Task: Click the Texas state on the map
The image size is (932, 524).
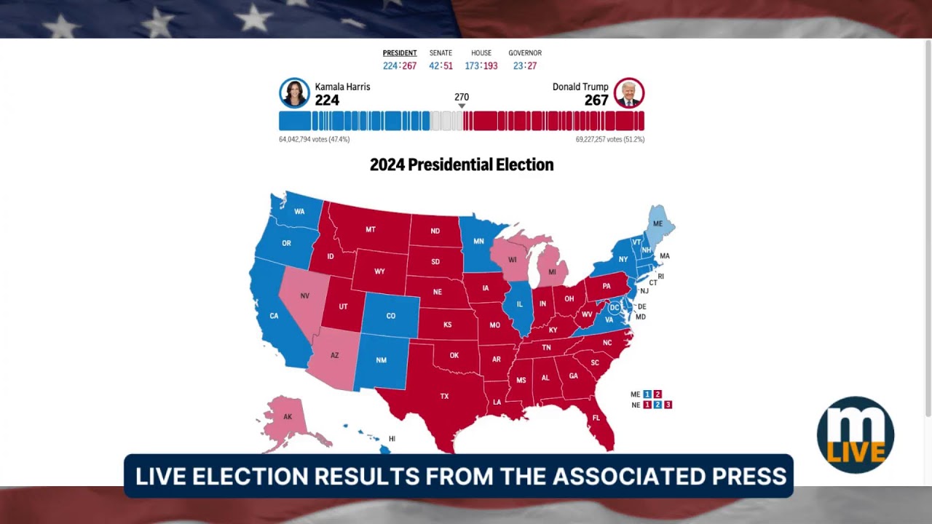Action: (444, 396)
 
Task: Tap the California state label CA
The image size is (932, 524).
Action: (274, 316)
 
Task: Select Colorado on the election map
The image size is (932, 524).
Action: (391, 316)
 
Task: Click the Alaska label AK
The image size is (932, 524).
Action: (288, 417)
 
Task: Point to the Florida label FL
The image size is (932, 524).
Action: (596, 418)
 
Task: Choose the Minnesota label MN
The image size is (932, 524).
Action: (478, 241)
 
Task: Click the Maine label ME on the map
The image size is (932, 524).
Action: (657, 223)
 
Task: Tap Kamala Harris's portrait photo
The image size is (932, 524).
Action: (294, 93)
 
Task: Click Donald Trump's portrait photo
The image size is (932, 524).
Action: (629, 93)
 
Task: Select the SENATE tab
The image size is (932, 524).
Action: (441, 53)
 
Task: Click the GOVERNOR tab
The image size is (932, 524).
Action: (525, 53)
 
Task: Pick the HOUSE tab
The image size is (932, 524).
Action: (481, 53)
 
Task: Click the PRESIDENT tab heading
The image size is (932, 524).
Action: (400, 53)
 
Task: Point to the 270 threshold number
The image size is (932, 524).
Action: (462, 97)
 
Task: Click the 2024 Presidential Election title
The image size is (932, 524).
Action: (462, 164)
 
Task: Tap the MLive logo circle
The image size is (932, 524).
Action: (855, 435)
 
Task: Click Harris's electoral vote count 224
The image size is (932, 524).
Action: (327, 100)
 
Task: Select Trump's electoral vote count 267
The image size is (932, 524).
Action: (596, 100)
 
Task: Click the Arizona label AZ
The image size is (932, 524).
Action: (335, 355)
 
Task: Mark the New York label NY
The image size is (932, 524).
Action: (623, 259)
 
